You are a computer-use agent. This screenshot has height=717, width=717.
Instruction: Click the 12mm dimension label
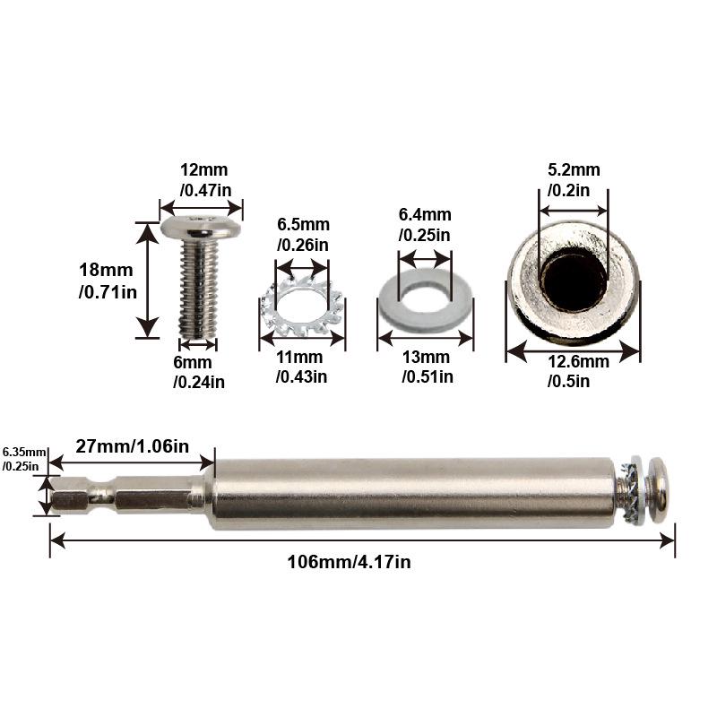point(205,180)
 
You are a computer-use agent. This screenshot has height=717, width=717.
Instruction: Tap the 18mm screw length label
point(108,281)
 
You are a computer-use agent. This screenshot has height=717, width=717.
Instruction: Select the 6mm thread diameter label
point(198,372)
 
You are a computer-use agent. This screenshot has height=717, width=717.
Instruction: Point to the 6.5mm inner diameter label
point(303,235)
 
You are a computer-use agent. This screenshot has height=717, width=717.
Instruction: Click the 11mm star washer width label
point(301,367)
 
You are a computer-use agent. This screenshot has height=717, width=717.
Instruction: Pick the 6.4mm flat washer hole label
point(425,225)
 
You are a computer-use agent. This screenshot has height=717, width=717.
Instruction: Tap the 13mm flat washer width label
point(428,367)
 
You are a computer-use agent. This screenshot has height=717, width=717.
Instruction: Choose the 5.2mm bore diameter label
point(574,180)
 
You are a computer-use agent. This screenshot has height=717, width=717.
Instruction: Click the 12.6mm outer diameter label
point(578,371)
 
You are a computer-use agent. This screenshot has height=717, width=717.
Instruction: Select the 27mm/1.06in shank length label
point(132,446)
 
